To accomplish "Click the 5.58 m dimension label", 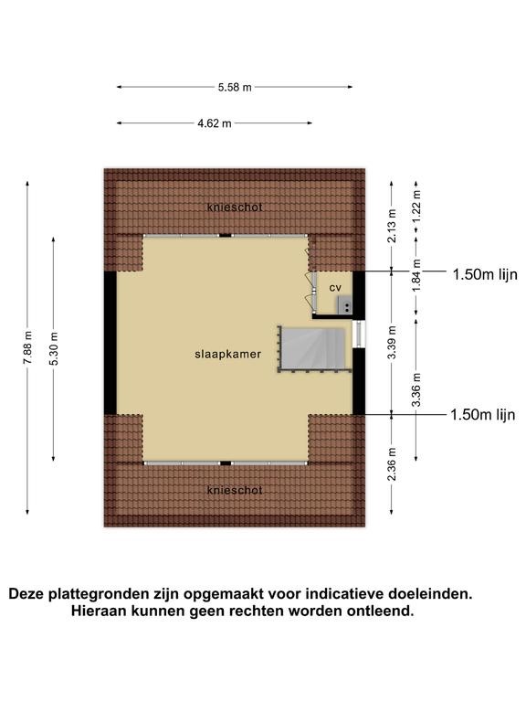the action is tap(235, 88).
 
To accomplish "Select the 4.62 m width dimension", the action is tap(215, 123).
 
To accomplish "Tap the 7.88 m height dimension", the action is tap(27, 348).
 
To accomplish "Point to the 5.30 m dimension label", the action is tap(54, 348).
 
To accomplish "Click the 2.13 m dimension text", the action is tap(392, 226).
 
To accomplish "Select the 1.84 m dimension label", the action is tap(416, 275).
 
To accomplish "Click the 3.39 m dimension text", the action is tap(392, 343).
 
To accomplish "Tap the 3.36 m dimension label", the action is tap(416, 389).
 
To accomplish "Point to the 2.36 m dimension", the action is tap(392, 463).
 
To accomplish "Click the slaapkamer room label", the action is tap(228, 354).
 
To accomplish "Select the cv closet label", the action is tap(335, 288).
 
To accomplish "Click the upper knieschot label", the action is tap(235, 207).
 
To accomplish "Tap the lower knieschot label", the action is tap(235, 490).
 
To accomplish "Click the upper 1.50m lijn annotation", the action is tap(485, 274).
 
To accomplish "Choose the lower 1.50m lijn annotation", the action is tap(483, 415).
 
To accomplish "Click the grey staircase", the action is tap(312, 349).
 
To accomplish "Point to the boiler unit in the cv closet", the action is tap(345, 304).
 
